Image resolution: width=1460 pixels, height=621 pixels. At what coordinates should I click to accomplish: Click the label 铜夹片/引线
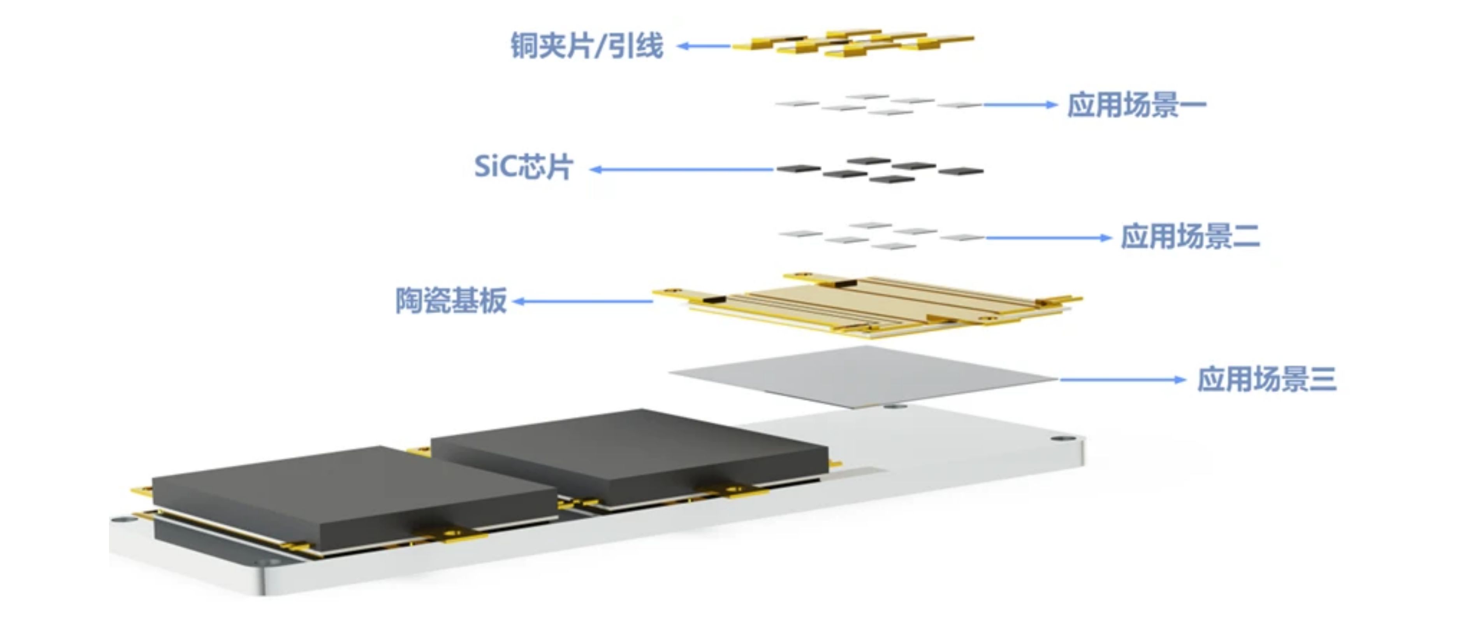click(x=587, y=45)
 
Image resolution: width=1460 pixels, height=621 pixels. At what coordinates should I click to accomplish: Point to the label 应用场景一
click(x=1136, y=105)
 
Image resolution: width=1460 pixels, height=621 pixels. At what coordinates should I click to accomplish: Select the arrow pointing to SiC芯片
click(x=681, y=169)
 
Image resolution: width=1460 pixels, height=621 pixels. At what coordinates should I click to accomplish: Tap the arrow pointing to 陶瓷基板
click(x=583, y=302)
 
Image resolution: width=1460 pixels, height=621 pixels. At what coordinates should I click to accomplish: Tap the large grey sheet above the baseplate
click(x=863, y=377)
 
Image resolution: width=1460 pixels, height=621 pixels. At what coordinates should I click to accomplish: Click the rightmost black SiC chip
click(x=960, y=170)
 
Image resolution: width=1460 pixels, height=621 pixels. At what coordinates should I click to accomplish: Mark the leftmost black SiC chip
click(x=799, y=168)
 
